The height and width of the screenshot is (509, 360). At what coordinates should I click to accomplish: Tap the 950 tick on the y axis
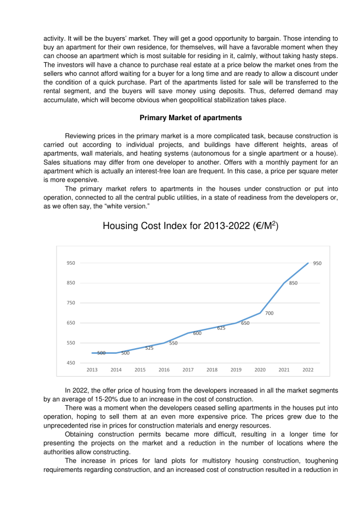[x=71, y=263]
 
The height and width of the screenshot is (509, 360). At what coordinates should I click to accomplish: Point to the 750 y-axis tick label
[x=71, y=303]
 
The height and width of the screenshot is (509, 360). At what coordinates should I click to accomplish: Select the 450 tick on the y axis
[x=71, y=363]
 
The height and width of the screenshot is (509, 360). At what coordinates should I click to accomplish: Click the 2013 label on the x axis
[x=92, y=370]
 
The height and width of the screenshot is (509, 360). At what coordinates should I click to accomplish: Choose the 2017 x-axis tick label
[x=188, y=370]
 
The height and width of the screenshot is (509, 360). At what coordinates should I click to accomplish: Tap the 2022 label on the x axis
[x=308, y=370]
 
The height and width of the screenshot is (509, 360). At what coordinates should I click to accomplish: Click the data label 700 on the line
[x=269, y=314]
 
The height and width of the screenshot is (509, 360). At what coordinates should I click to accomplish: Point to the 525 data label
[x=149, y=348]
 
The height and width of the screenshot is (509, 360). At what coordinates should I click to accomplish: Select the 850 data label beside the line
[x=293, y=283]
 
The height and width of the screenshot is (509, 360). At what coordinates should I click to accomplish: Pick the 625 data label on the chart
[x=221, y=328]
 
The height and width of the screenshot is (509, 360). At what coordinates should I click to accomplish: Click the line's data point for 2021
[x=284, y=283]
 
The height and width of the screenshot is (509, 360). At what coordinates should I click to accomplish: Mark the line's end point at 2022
[x=308, y=263]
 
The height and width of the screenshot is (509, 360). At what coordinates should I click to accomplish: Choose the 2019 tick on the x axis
[x=236, y=370]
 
